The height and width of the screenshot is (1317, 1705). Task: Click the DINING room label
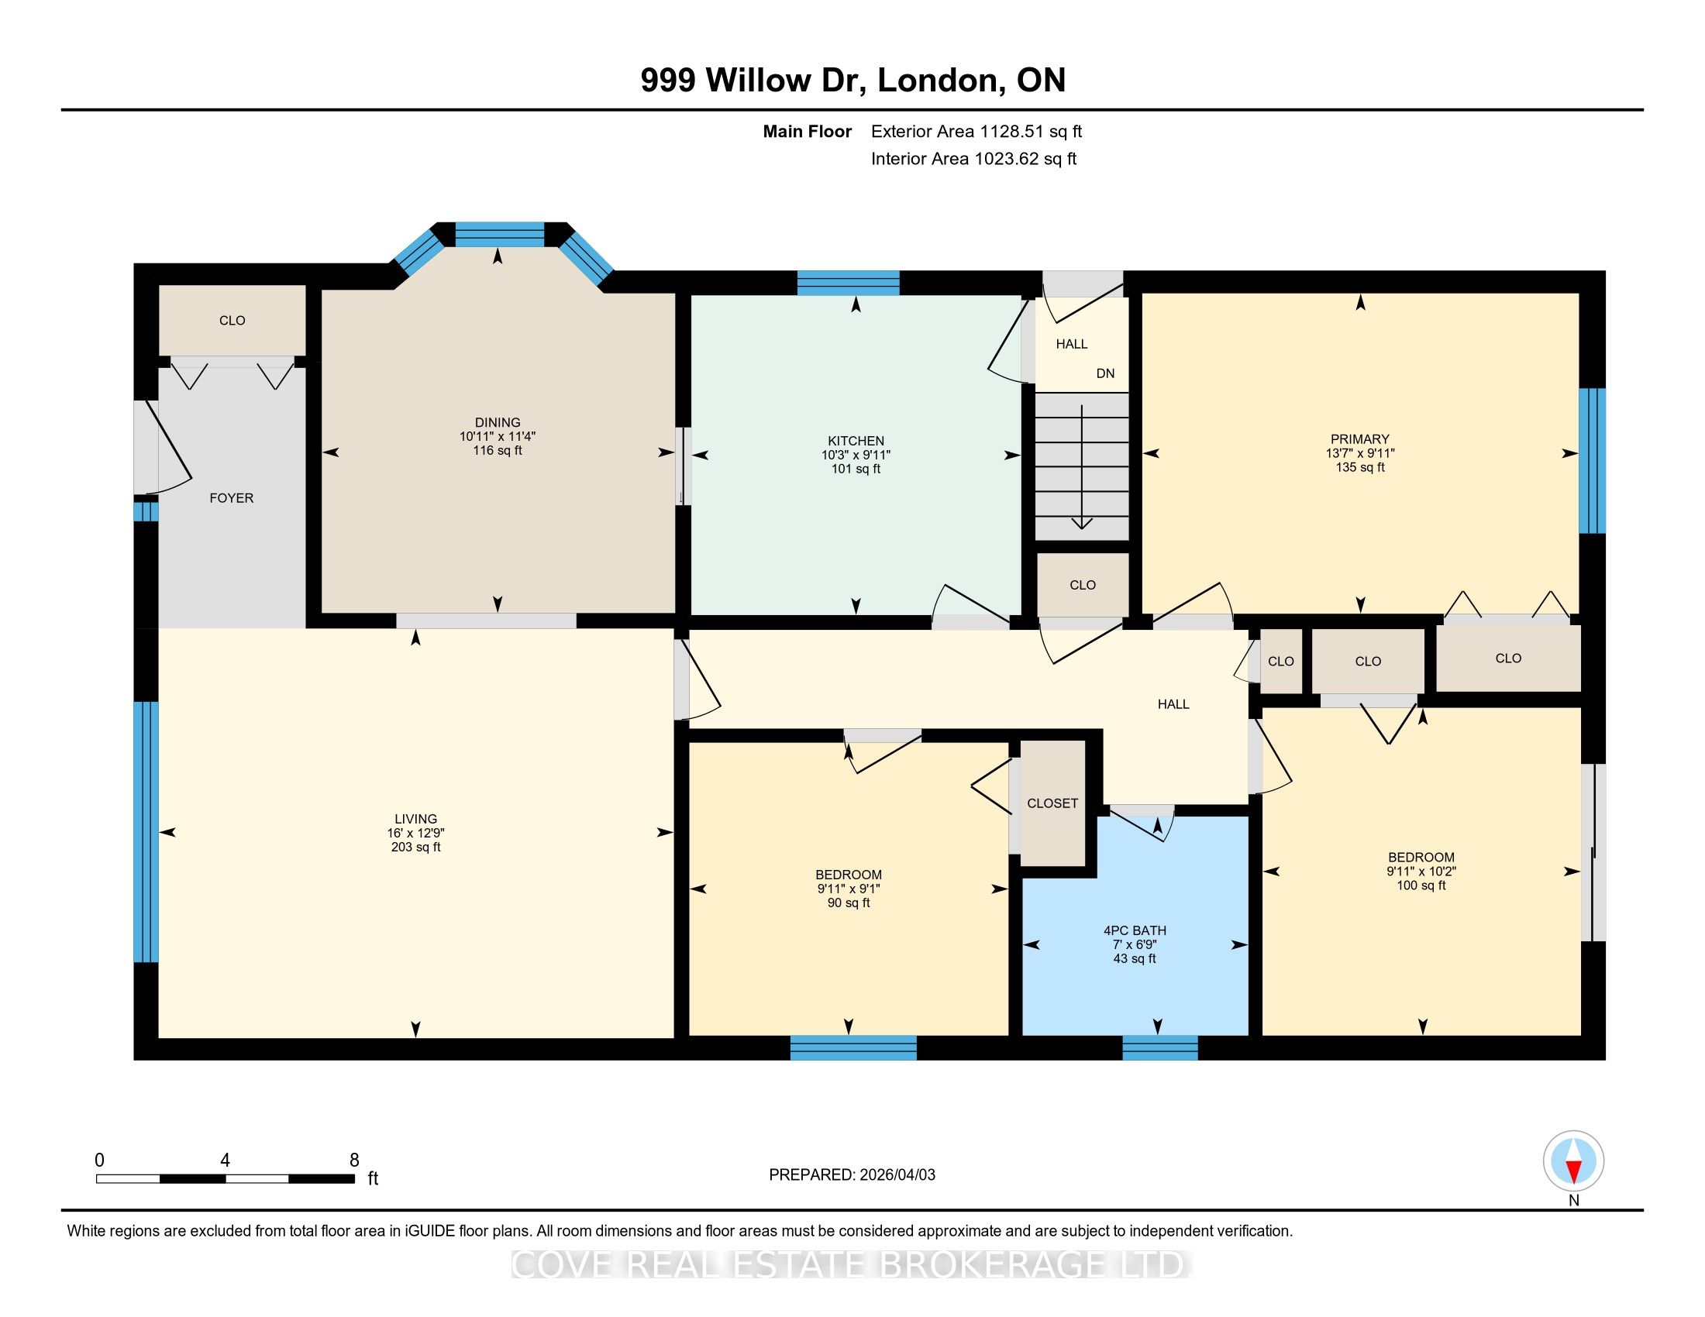(x=498, y=423)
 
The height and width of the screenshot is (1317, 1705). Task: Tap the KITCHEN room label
(x=856, y=441)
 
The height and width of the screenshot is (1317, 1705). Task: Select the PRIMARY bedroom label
(x=1360, y=439)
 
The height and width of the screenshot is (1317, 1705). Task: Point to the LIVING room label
(x=415, y=819)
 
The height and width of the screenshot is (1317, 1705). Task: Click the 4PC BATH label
(x=1135, y=930)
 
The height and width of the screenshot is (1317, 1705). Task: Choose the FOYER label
(x=231, y=498)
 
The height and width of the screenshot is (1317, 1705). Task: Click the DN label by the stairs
(x=1104, y=373)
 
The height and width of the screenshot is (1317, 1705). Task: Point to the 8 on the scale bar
(x=353, y=1161)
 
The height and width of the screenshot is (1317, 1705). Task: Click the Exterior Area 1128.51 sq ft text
(x=976, y=132)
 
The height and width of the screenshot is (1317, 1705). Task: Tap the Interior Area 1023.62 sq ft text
(x=973, y=159)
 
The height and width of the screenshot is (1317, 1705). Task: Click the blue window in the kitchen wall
(x=848, y=283)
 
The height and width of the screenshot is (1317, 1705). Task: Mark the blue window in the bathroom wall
(x=1160, y=1048)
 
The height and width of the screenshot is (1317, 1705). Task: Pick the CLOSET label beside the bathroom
(x=1052, y=803)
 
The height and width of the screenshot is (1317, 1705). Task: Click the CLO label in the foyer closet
(x=232, y=321)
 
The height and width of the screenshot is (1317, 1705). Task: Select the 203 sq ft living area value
(x=416, y=848)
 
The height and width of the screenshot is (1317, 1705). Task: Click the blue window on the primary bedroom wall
(x=1593, y=460)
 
